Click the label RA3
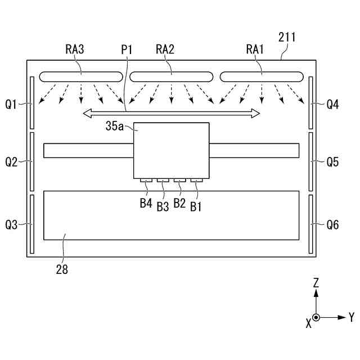tap(74, 49)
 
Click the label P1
tap(127, 49)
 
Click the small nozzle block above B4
tap(146, 181)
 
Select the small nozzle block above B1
tap(196, 181)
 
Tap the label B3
tap(163, 206)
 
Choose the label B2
tap(179, 203)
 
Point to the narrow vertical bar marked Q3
tap(32, 224)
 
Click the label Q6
tap(332, 225)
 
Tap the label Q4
tap(332, 103)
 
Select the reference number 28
tap(62, 269)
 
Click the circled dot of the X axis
tap(316, 318)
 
